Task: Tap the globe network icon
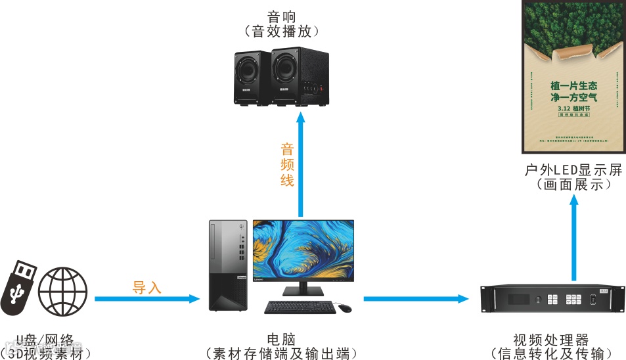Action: click(62, 290)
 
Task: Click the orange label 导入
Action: click(147, 287)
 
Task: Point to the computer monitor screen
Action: click(303, 250)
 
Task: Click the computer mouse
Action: click(345, 307)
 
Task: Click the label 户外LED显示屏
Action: click(573, 170)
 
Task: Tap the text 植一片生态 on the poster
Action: click(573, 86)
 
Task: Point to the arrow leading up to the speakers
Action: click(301, 164)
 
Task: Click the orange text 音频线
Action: click(287, 164)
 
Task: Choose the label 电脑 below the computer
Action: click(281, 340)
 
